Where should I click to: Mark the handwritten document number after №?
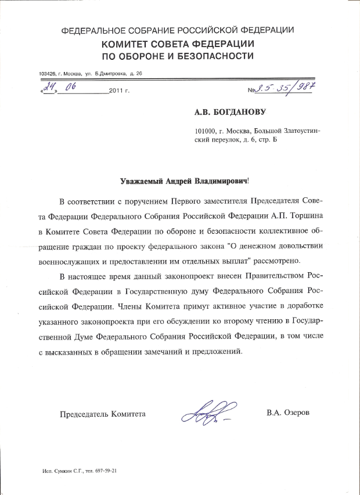point(286,89)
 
